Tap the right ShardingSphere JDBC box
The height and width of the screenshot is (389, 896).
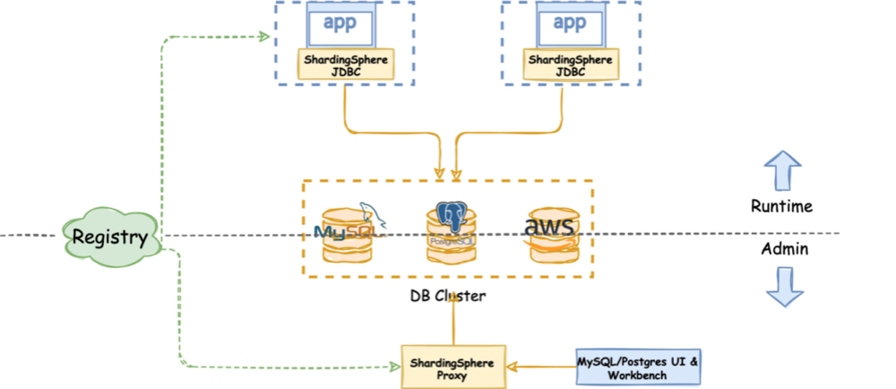(x=571, y=65)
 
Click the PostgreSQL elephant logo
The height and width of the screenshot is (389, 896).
(x=449, y=216)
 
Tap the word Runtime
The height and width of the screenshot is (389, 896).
(x=780, y=206)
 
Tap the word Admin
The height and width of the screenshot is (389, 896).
(x=780, y=249)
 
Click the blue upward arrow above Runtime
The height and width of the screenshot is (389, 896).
(x=780, y=170)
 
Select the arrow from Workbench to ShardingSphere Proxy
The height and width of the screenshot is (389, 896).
(x=542, y=367)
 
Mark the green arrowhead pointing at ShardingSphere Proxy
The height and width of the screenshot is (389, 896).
(x=393, y=367)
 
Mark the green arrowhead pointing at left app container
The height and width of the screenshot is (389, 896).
(x=265, y=36)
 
